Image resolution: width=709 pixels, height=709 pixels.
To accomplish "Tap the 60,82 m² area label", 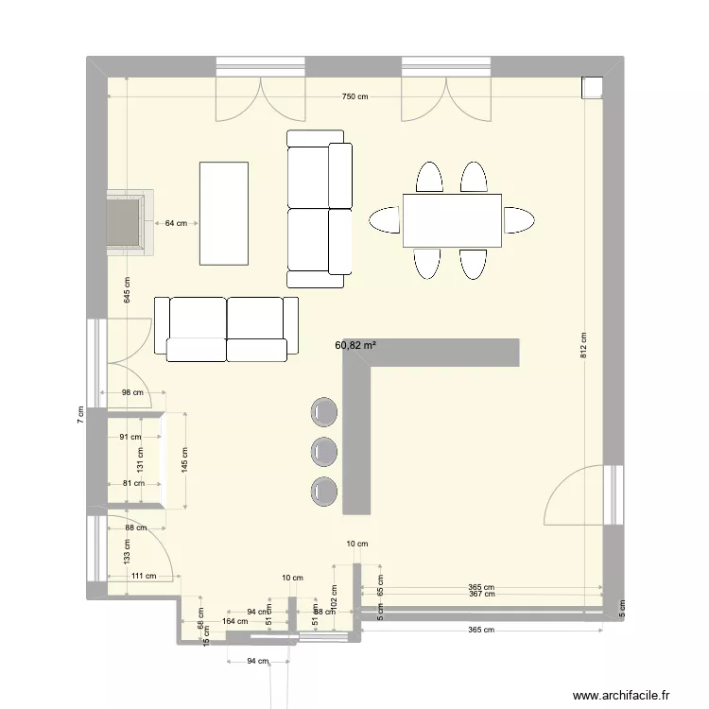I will tap(355, 346).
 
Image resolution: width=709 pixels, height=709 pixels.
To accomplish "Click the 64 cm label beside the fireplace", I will tap(176, 224).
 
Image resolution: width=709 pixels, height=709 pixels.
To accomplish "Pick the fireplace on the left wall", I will tap(129, 223).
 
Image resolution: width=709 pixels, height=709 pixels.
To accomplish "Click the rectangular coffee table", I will tap(224, 213).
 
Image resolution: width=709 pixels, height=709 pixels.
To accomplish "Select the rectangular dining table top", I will tap(453, 220).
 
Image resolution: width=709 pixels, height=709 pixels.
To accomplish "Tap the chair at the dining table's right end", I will tap(519, 220).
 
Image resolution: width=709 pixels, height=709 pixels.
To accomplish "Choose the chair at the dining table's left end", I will tap(386, 220).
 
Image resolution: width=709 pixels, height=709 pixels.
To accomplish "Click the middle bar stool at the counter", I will tap(324, 449).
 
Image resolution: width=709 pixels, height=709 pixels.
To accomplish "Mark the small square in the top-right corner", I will tap(593, 86).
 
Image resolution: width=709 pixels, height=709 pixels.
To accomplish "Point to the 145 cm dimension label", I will tap(184, 459).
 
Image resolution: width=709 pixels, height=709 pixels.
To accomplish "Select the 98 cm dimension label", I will tap(131, 393).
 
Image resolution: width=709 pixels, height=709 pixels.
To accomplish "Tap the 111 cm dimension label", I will tap(143, 577).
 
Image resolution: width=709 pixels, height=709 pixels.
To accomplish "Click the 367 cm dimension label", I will tap(481, 594).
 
